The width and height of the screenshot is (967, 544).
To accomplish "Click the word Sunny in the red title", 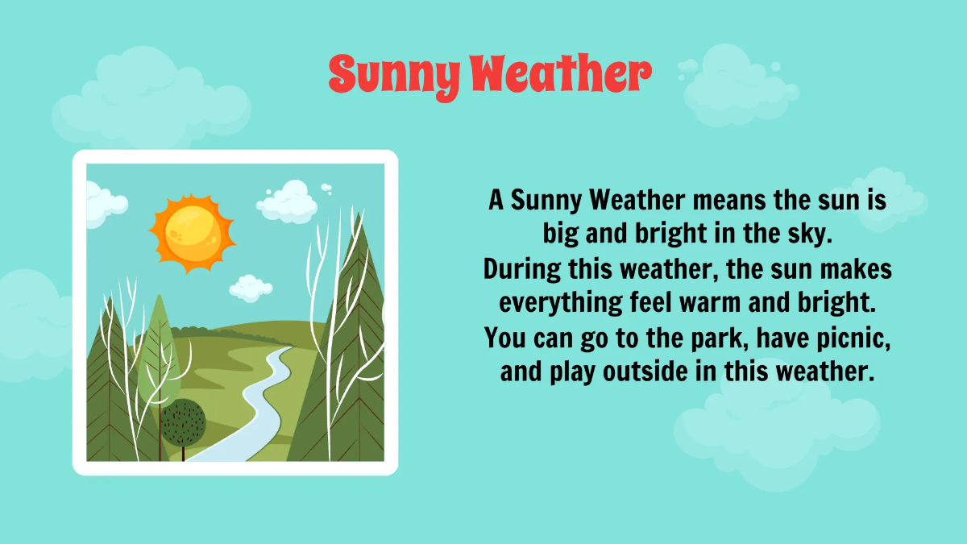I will point(392,74).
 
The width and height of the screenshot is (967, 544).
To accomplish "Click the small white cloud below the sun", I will point(251,287).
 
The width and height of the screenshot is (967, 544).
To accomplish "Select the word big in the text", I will point(562,234).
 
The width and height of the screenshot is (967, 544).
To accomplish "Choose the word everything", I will point(562,303).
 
